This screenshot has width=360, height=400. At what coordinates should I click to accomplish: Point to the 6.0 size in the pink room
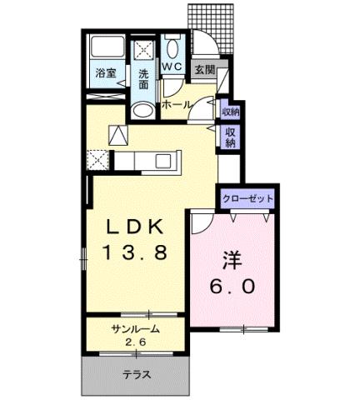point(230,286)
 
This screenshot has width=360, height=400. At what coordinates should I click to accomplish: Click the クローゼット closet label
point(247,200)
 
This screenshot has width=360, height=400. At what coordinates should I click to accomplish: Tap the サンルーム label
point(135,330)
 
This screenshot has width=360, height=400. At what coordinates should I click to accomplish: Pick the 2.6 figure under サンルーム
point(135,342)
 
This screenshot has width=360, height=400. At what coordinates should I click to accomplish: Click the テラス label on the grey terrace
point(137,375)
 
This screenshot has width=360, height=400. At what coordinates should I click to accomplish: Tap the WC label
point(173,66)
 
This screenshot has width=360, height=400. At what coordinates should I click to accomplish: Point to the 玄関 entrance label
point(204,70)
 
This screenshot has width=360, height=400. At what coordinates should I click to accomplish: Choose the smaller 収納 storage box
point(231,111)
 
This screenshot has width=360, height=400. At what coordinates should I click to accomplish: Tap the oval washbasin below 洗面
point(143,111)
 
